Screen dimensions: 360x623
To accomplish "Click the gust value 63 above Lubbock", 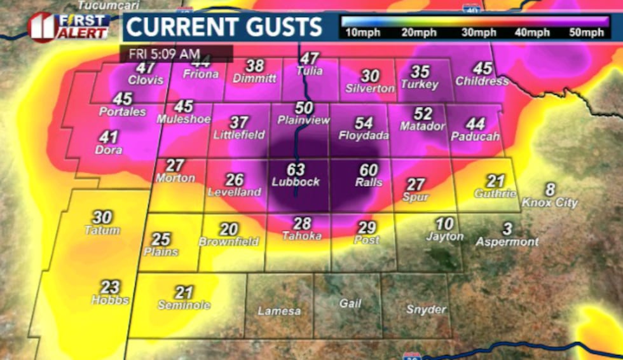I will click(x=296, y=170).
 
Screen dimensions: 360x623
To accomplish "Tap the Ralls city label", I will click(x=369, y=183).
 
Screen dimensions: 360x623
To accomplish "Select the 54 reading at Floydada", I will click(x=364, y=123).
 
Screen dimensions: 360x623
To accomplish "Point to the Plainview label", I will click(x=304, y=120).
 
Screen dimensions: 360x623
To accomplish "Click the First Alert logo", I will click(x=69, y=27).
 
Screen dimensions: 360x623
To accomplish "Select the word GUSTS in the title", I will click(x=277, y=27).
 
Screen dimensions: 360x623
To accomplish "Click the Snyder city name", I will click(x=426, y=309).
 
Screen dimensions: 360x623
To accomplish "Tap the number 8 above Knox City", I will click(x=550, y=190).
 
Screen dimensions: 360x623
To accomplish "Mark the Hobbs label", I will click(x=110, y=300).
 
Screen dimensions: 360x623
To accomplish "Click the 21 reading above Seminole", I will click(x=184, y=292).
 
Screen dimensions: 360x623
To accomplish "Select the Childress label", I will click(x=482, y=81).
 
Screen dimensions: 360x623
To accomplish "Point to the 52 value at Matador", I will click(x=423, y=114).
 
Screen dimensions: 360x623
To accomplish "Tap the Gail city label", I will click(x=350, y=303).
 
